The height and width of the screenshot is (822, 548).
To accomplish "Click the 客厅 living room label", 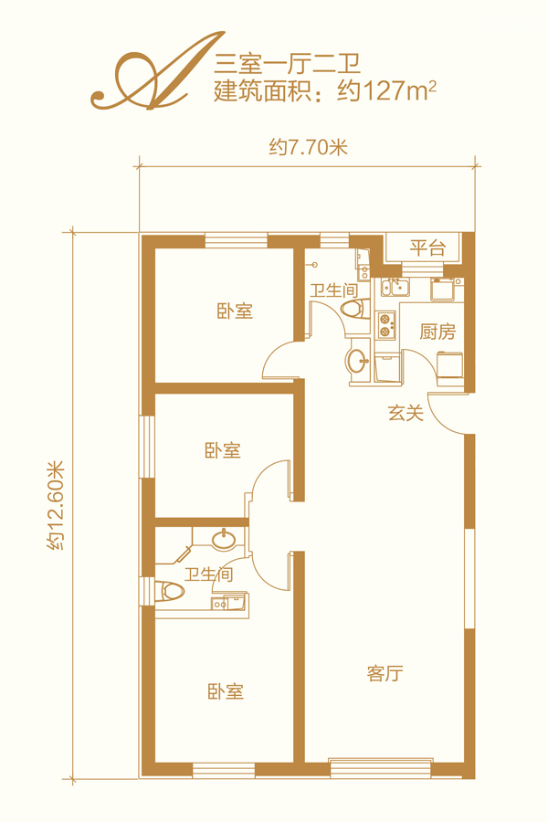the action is pos(385,673).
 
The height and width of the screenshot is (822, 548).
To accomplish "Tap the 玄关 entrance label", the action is pos(406,413).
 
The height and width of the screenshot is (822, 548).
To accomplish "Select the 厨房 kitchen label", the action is pos(437,332).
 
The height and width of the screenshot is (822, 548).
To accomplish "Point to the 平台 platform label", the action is pos(427,247).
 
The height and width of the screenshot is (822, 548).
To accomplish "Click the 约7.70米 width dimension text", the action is pos(309,147).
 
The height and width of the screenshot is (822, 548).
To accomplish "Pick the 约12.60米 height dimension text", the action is pos(55,505).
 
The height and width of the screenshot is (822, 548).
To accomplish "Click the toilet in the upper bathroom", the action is pos(355,309).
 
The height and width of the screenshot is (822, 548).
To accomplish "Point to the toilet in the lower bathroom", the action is pos(171,591).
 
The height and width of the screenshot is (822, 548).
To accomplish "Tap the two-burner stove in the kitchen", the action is pos(386,325).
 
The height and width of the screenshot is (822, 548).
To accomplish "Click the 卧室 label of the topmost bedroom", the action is pos(235,311).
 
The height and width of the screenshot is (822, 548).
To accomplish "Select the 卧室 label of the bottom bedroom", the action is pos(226,691).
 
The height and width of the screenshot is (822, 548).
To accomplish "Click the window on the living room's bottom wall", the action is pos(381,768).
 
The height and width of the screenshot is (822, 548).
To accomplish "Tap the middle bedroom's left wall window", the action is pos(147,447).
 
